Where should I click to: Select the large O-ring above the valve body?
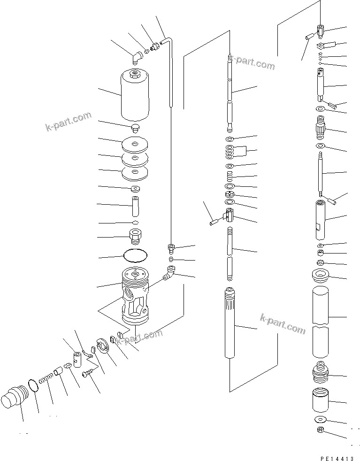coord(135,256)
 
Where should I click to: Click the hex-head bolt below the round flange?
coord(88,374)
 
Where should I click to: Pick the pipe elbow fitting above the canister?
coord(136,57)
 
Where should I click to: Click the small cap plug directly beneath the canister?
coord(135,128)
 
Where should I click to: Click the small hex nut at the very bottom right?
coord(320,430)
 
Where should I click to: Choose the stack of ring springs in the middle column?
coord(230,151)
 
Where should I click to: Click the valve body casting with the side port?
coord(135,296)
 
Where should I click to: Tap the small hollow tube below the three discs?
coord(135,205)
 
